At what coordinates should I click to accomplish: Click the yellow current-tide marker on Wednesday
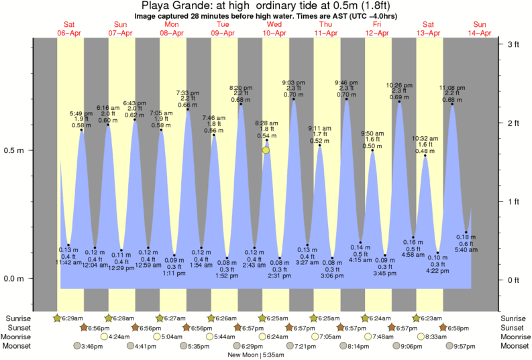266,150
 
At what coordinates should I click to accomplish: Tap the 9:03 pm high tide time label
293,82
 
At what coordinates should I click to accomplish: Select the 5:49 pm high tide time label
81,113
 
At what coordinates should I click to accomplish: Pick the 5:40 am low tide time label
466,250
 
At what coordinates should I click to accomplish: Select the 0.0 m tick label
15,279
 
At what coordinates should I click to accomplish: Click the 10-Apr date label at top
274,33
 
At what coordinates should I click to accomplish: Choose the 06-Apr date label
70,33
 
